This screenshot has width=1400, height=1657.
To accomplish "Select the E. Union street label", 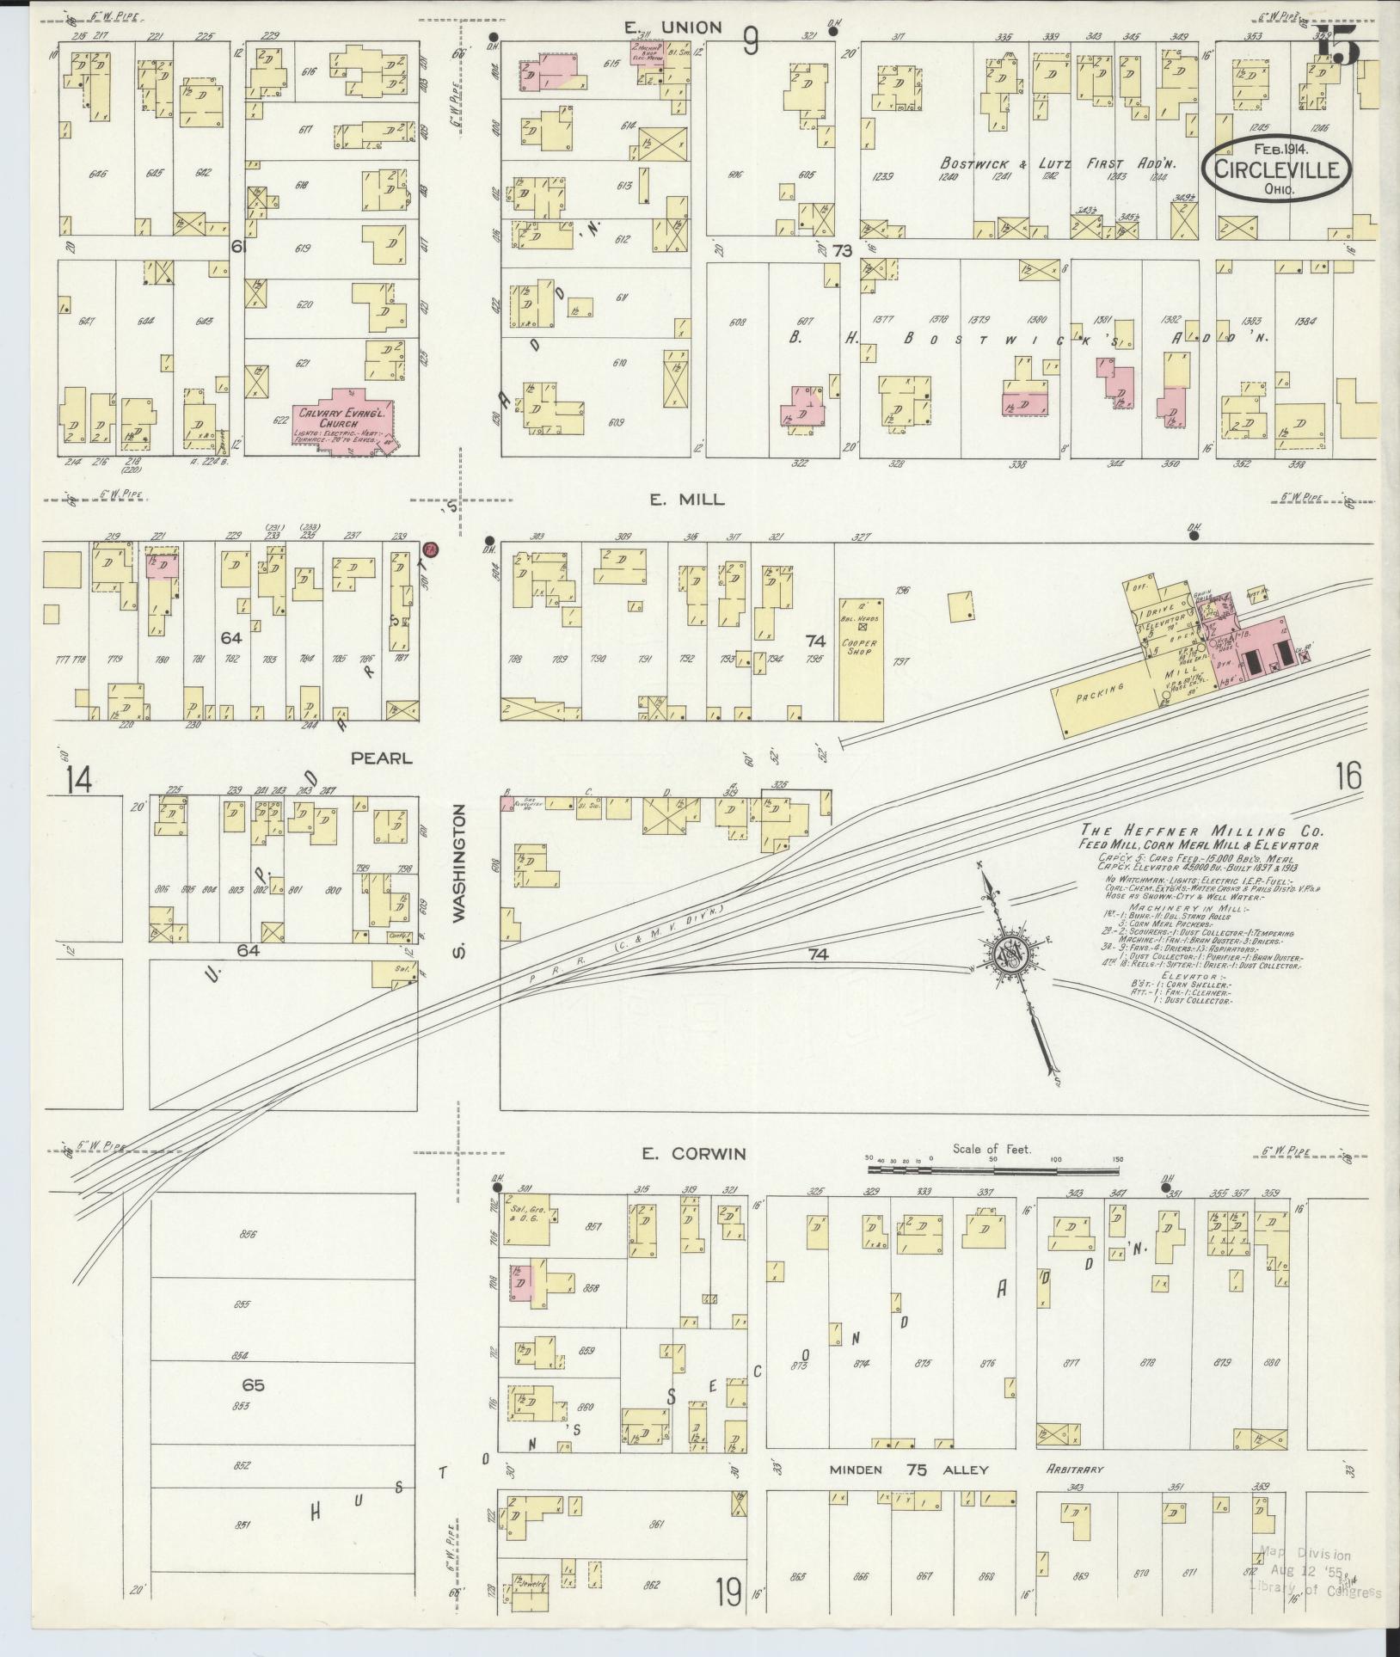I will [672, 28].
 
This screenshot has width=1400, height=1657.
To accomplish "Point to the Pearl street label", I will [381, 758].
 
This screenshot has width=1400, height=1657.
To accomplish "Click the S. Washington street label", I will [460, 881].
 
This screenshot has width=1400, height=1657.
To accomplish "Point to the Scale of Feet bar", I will [996, 1169].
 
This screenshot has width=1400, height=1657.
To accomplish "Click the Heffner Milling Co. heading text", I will [1202, 832].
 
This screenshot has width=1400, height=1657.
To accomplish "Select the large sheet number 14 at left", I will [78, 780].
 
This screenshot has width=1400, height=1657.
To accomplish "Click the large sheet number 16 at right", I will [1348, 776].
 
